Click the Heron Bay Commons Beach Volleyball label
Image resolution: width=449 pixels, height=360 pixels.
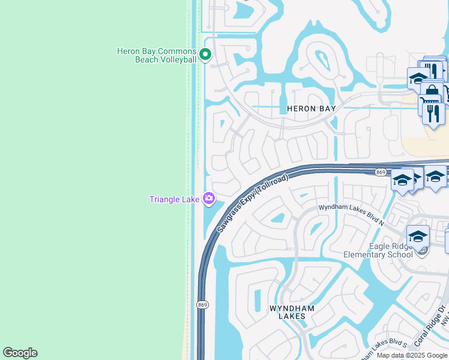(157, 55)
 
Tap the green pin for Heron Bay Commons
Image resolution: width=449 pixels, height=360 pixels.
(205, 55)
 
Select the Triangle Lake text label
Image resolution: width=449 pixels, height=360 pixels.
(175, 199)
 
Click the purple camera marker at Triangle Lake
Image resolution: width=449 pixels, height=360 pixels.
(209, 198)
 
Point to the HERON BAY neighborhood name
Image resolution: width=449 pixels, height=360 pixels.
(311, 109)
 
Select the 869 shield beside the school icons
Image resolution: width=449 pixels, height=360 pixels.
(381, 172)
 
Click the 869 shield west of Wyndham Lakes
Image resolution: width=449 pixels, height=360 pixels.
(202, 305)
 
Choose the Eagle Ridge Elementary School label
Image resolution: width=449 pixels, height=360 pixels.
(378, 250)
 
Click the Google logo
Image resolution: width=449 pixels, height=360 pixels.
(20, 353)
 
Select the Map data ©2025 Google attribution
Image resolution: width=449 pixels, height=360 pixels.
(412, 355)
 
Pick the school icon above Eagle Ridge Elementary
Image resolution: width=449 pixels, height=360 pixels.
(417, 236)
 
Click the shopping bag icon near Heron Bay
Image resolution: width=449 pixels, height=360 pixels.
(432, 91)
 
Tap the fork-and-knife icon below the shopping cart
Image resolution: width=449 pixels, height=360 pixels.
(433, 112)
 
